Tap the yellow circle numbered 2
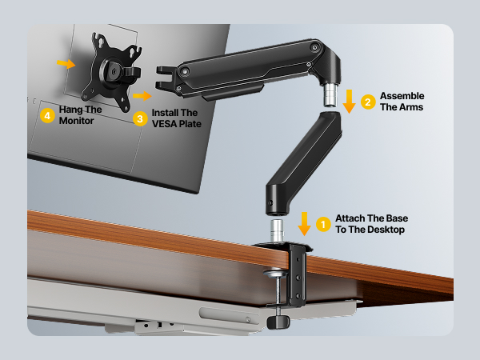click(368, 102)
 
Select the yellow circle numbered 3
click(140, 118)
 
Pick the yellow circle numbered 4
click(48, 116)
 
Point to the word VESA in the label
click(167, 125)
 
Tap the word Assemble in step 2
click(402, 96)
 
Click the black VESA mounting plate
click(111, 72)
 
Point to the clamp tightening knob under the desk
click(278, 322)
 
